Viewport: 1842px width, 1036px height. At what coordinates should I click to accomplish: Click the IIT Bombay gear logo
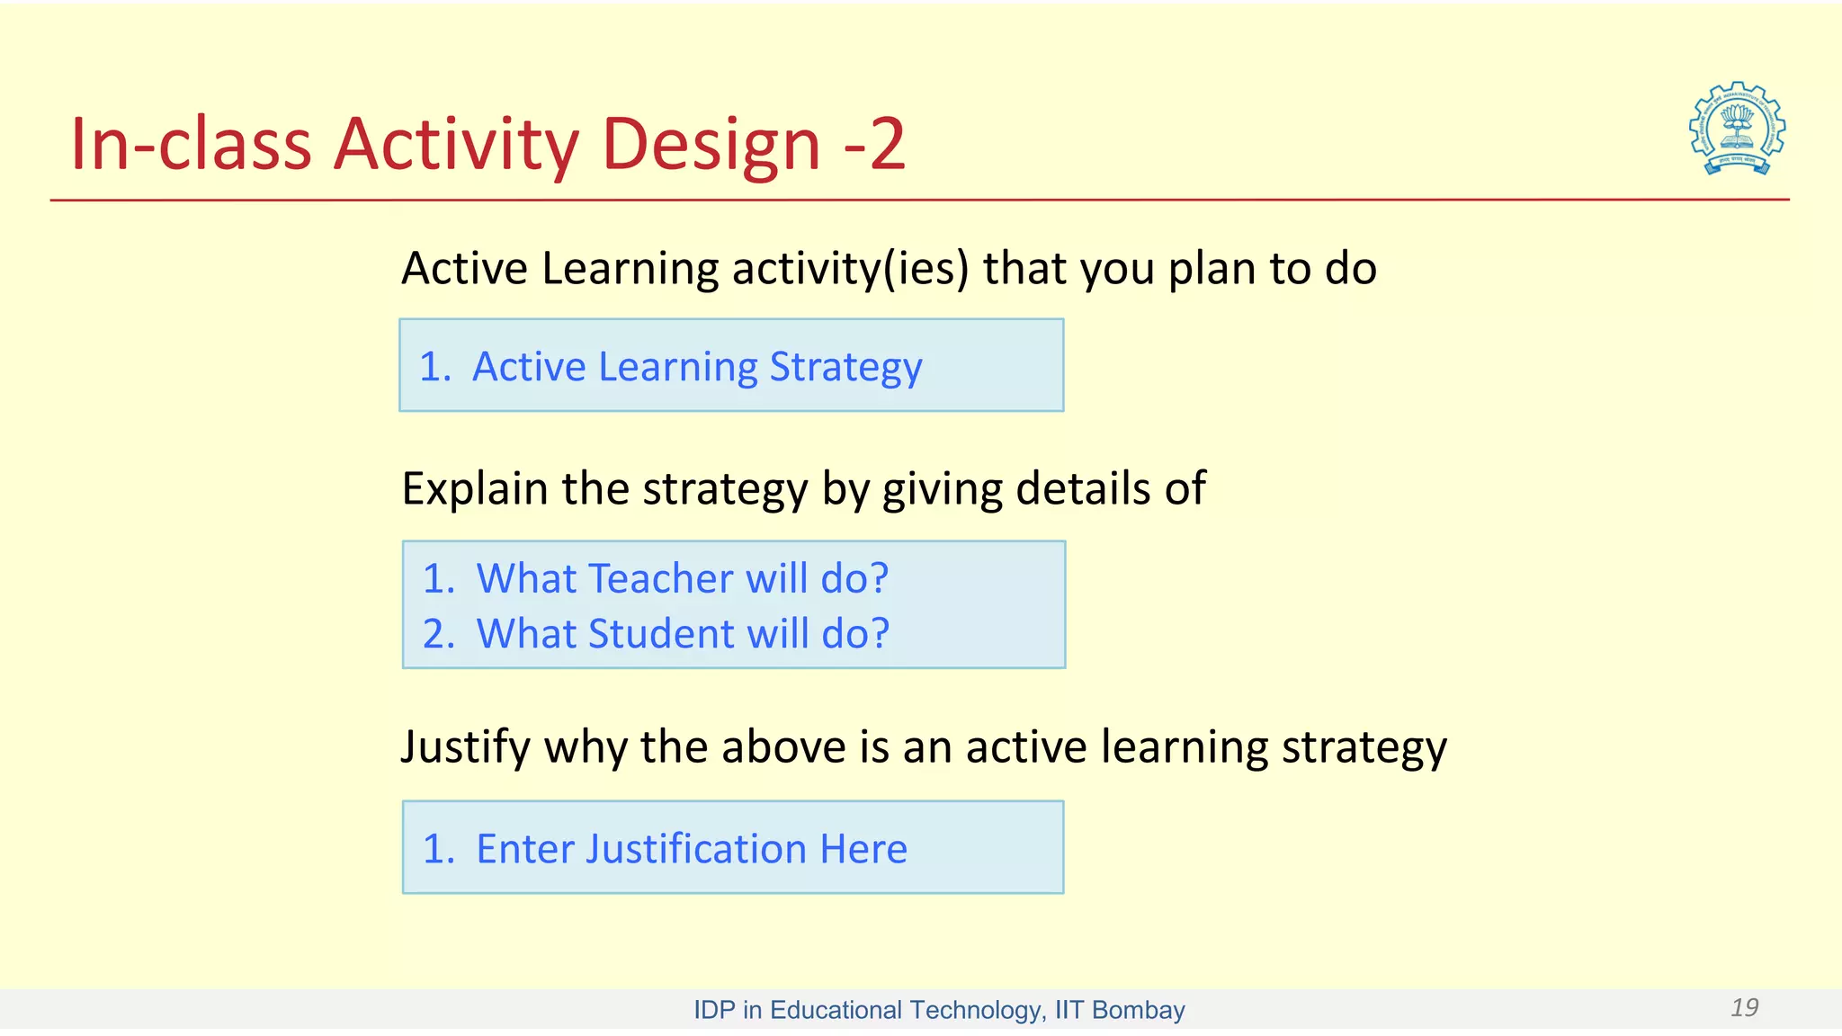click(1737, 129)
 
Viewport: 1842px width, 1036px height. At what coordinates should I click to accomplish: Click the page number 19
click(1744, 1007)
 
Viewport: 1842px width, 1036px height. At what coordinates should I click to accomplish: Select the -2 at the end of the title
click(874, 144)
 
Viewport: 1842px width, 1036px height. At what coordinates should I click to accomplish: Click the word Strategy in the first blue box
click(845, 368)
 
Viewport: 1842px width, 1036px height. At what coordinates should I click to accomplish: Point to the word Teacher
click(661, 578)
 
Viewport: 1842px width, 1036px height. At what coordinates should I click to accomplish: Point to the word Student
click(661, 634)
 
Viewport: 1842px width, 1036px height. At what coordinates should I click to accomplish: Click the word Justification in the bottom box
click(696, 849)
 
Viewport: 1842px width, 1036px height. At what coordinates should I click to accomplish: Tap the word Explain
click(475, 490)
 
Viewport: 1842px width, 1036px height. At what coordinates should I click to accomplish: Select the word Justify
click(465, 748)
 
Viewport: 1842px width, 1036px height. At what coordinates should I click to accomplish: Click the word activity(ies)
click(850, 269)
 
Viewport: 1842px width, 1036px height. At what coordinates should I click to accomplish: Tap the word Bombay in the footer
click(1138, 1010)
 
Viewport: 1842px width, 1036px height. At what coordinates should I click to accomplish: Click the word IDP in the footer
click(714, 1010)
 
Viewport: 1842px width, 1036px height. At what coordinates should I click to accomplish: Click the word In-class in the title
click(191, 144)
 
